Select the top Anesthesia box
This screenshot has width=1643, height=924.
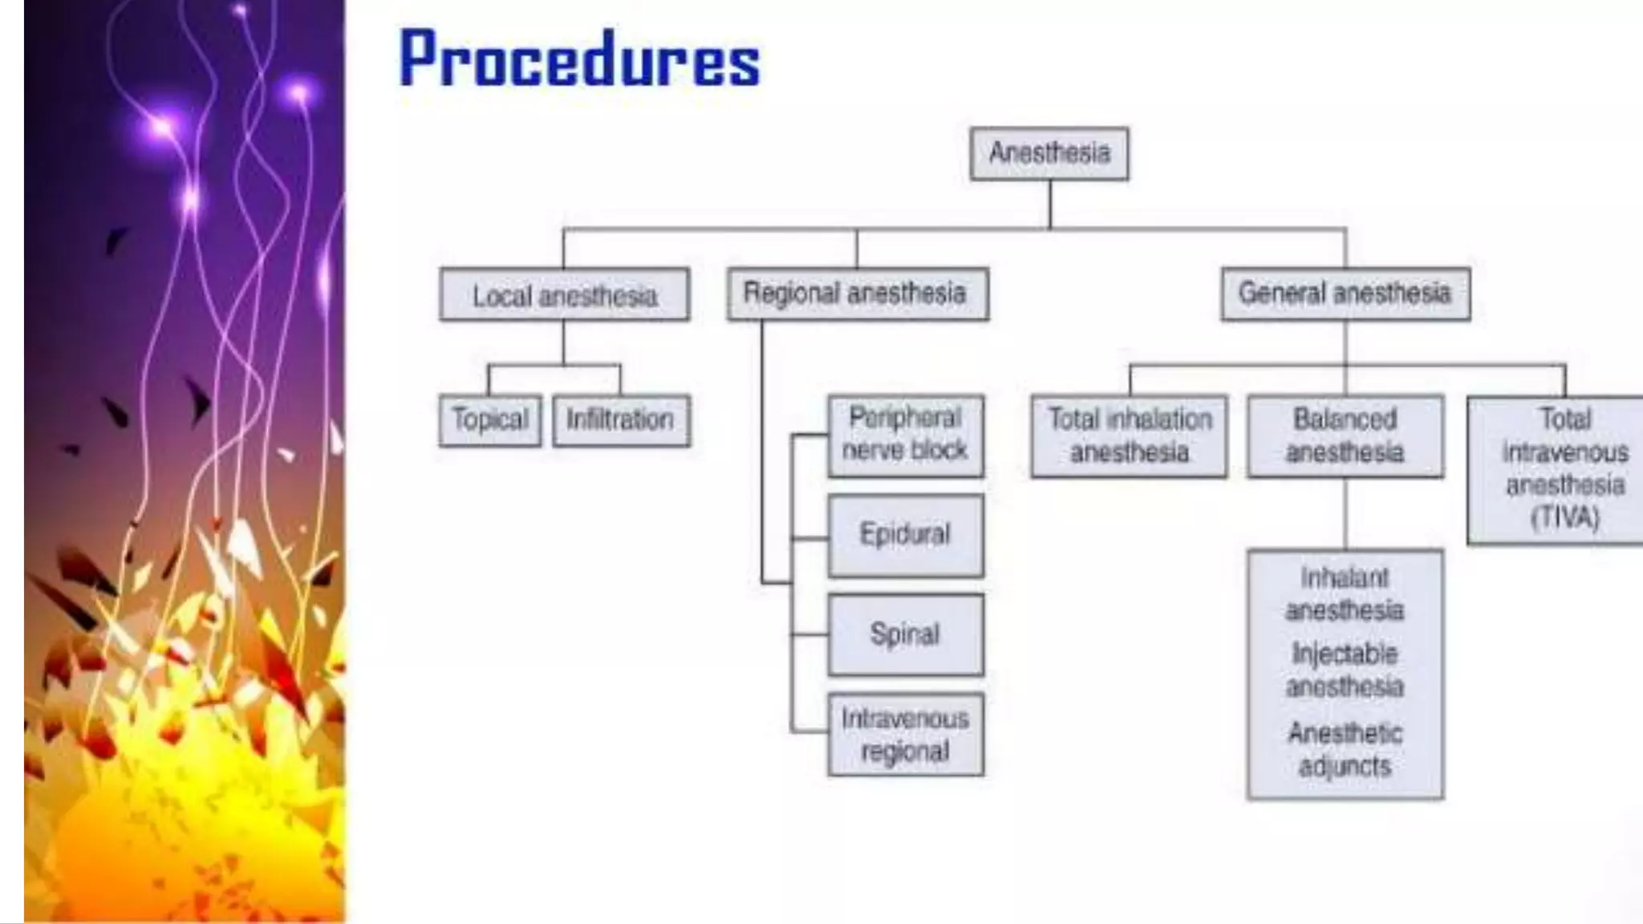coord(1049,153)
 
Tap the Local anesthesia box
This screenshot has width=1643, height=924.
coord(564,295)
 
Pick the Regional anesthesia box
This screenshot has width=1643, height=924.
coord(857,294)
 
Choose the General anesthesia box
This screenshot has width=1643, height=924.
coord(1345,294)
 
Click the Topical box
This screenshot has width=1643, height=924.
coord(490,419)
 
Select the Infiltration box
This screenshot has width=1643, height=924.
coord(620,419)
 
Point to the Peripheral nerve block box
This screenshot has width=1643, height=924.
coord(905,436)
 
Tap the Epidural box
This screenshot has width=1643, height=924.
coord(905,535)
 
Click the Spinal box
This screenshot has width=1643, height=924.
coord(905,634)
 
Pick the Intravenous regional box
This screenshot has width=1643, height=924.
coord(905,735)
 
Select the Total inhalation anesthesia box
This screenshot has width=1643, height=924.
coord(1129,436)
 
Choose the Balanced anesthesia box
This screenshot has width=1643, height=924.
coord(1345,436)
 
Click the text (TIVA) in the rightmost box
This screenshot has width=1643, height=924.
coord(1565,518)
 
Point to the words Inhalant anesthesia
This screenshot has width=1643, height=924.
coord(1345,594)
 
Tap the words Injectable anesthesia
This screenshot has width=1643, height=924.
coord(1345,671)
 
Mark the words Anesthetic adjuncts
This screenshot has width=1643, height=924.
coord(1345,749)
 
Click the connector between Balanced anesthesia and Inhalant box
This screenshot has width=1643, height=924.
coord(1345,513)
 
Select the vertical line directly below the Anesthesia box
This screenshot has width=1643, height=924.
coord(1049,205)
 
